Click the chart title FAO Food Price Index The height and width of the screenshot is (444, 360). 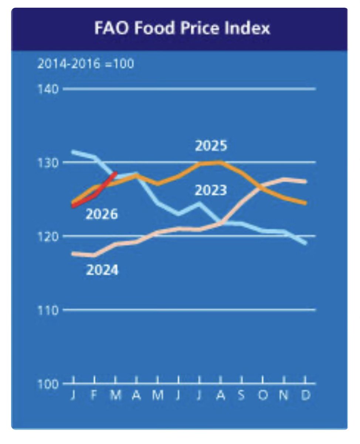[x=182, y=28]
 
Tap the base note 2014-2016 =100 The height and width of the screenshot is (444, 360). [x=85, y=64]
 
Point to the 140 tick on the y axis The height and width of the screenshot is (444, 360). [x=48, y=89]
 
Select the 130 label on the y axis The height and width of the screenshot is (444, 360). [x=48, y=162]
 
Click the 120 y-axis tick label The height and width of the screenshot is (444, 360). [x=48, y=236]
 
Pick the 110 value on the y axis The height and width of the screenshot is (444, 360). [x=48, y=310]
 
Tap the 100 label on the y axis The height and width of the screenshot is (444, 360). [x=48, y=384]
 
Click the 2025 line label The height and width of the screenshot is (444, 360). [x=211, y=146]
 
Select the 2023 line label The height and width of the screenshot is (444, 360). [x=211, y=191]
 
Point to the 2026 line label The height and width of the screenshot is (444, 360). [x=102, y=214]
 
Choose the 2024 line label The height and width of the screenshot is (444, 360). [x=102, y=270]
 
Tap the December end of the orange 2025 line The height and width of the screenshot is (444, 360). [x=305, y=203]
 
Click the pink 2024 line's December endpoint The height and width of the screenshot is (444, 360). [x=305, y=181]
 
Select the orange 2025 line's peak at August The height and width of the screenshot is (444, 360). [x=221, y=162]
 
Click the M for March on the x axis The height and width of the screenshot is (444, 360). [x=116, y=396]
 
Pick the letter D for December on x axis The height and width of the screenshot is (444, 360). [x=306, y=396]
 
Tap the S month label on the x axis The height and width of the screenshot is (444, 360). [x=242, y=396]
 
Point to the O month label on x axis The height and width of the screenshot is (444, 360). [x=263, y=396]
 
